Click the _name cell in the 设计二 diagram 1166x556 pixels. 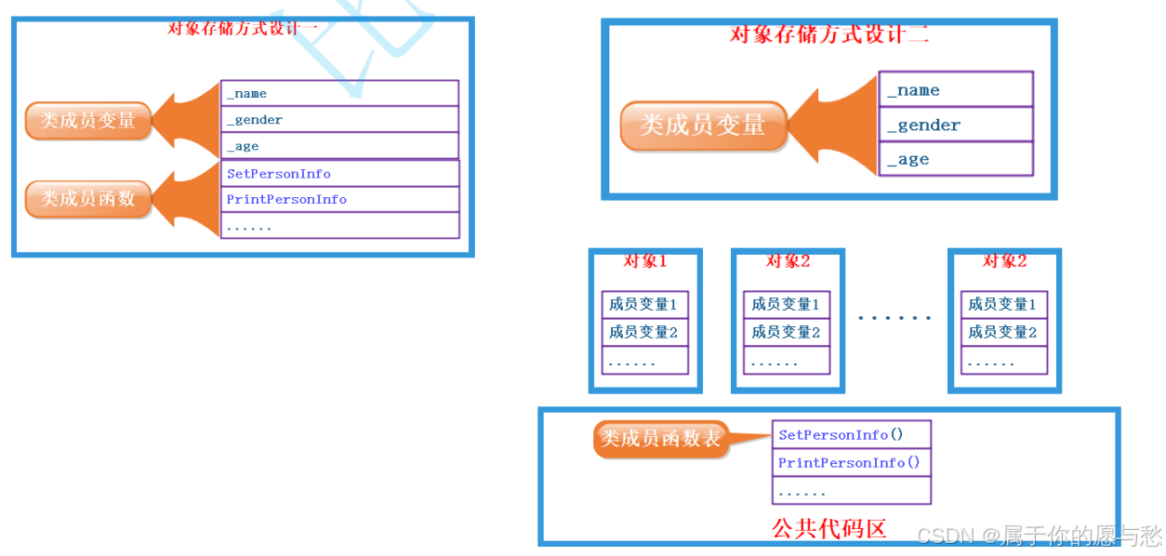956,90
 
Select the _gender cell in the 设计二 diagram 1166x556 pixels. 956,125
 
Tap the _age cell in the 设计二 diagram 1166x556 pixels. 956,159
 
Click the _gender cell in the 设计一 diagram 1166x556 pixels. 339,119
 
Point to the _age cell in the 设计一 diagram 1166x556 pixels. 339,146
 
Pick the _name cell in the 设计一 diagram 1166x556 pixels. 339,93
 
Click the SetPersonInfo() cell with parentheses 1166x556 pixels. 851,434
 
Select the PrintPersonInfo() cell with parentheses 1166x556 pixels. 851,462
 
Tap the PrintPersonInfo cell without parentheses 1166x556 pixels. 340,199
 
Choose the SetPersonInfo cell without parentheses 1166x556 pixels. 340,174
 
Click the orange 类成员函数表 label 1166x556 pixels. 660,439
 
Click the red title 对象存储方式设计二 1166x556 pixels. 829,35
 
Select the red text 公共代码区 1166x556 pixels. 828,528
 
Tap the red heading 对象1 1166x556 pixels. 644,261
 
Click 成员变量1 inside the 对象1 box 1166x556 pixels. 644,304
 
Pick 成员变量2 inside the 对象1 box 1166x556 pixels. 644,332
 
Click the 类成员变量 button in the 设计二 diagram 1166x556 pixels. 703,125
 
